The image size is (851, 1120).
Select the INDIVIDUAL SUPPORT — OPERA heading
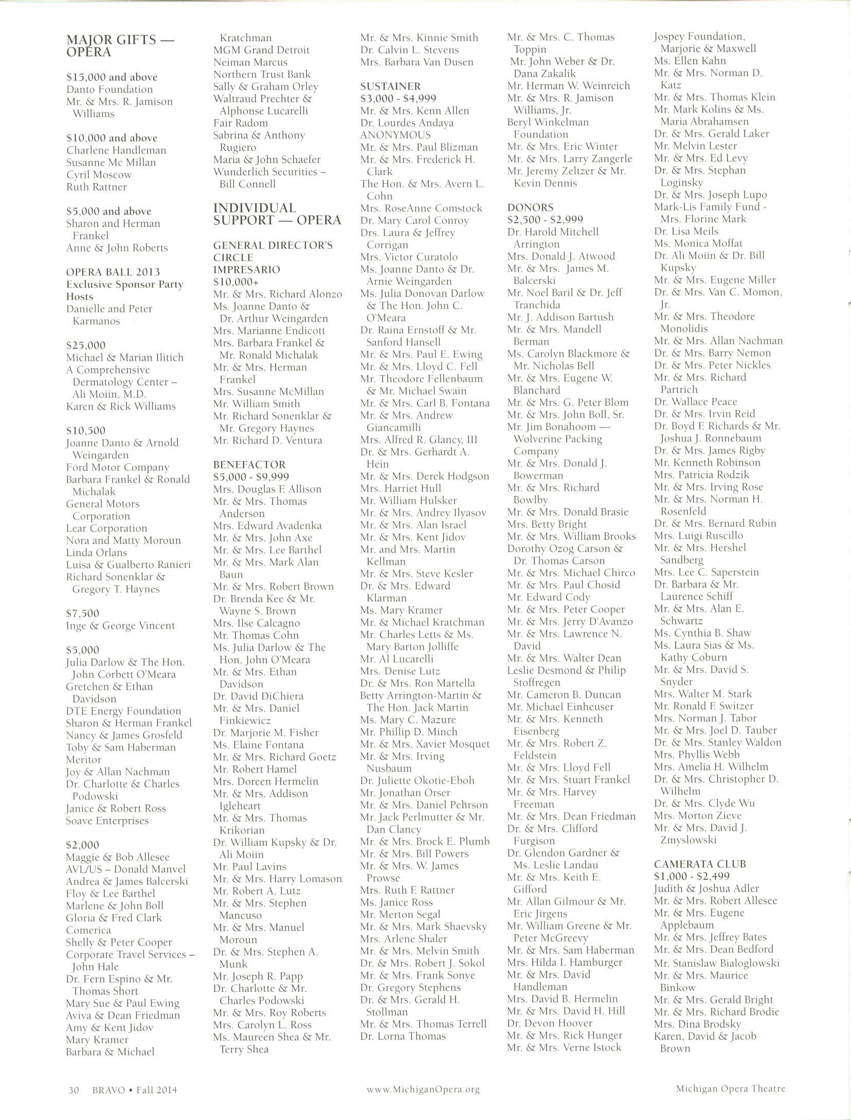coord(277,214)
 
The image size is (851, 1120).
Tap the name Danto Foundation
coord(109,90)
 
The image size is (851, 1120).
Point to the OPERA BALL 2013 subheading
coord(113,272)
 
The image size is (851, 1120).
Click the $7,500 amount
coord(82,613)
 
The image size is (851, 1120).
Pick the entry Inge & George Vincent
coord(120,626)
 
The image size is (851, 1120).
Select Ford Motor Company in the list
coord(117,467)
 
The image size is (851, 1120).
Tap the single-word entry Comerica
coord(88,930)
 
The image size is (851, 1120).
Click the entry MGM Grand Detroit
coord(261,50)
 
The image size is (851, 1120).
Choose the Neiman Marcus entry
coord(250,62)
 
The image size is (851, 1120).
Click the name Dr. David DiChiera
coord(258,696)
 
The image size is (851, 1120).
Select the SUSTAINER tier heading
coord(390,86)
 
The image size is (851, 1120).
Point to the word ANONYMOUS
coord(395,135)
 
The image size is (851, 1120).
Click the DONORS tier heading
coord(530,207)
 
